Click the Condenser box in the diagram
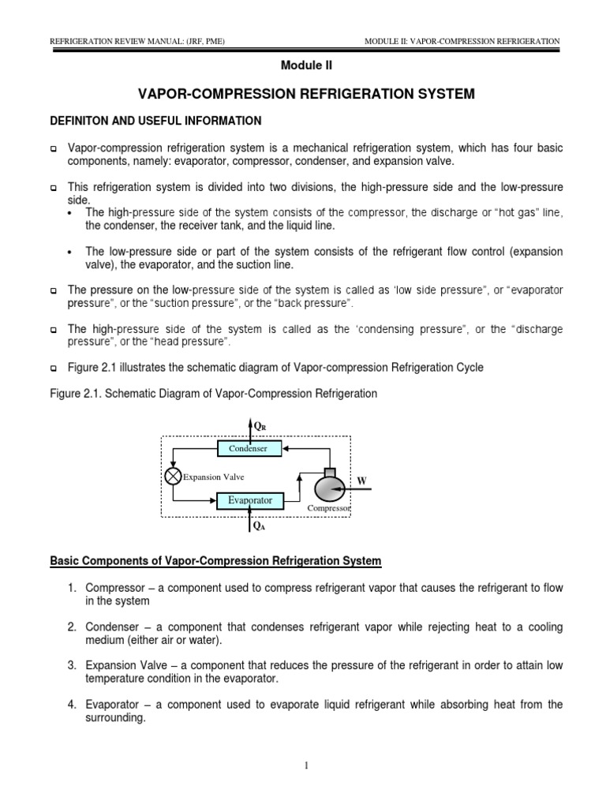[x=248, y=448]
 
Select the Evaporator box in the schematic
[x=249, y=500]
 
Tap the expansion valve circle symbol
[x=173, y=476]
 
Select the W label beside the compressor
[x=362, y=480]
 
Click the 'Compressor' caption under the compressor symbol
[x=329, y=509]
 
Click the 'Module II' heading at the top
[x=303, y=66]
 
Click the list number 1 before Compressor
[x=70, y=589]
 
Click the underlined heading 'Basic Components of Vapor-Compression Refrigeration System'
[x=215, y=561]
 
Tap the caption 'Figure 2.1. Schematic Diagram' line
[x=214, y=393]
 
